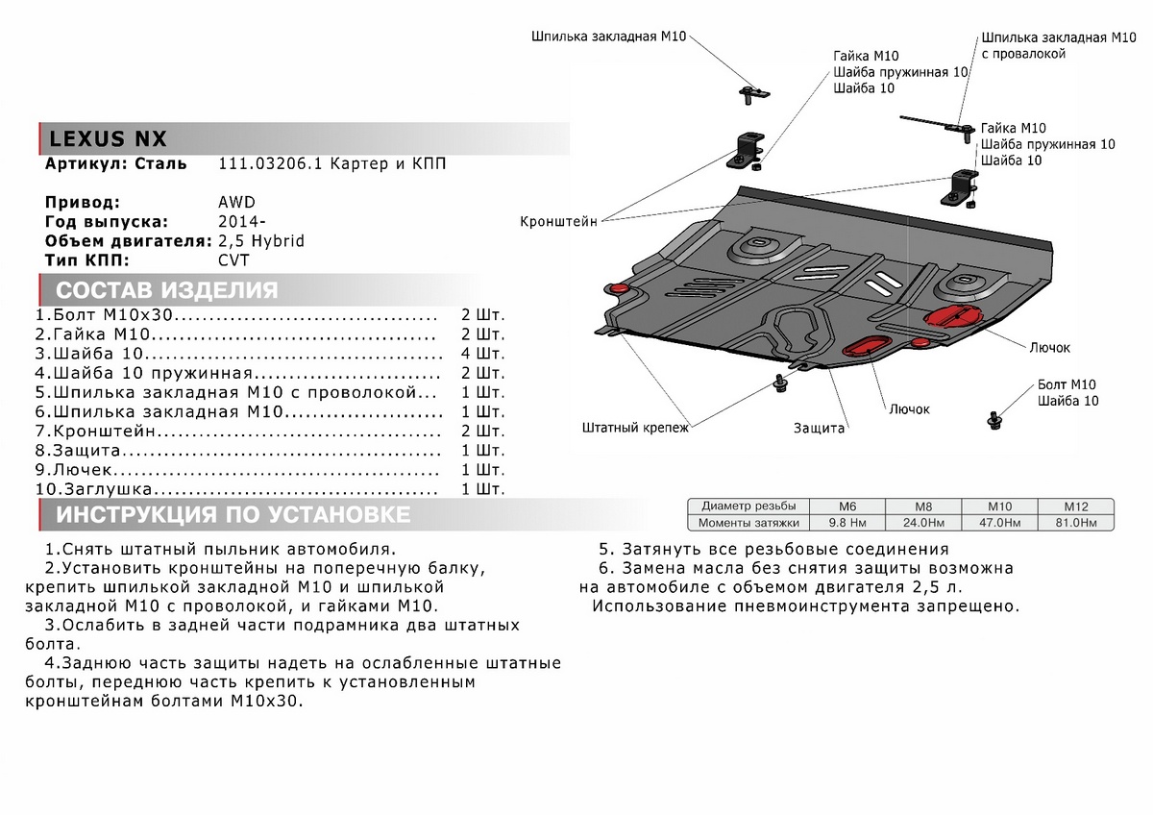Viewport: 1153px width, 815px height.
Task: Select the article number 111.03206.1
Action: (267, 164)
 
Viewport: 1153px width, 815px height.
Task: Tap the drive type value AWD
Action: (237, 203)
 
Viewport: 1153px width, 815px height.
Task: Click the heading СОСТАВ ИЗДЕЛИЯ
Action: (166, 291)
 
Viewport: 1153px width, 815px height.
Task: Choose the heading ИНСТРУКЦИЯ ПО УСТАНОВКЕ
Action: (233, 515)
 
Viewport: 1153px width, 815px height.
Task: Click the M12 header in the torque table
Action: (1073, 506)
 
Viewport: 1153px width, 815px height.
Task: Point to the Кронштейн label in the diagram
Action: (558, 221)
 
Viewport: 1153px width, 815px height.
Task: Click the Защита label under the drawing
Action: (819, 428)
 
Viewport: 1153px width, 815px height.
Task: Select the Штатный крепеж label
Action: (635, 428)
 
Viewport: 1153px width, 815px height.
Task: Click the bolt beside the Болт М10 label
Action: (994, 420)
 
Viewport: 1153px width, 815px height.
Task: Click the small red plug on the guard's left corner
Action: (617, 288)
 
